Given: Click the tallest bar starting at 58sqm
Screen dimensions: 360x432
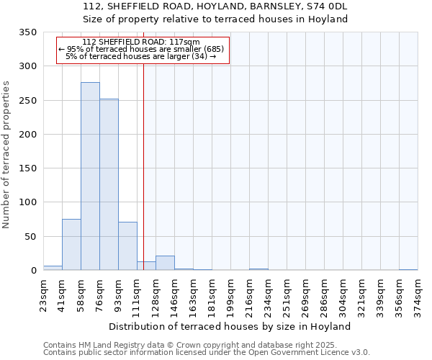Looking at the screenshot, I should [x=90, y=176].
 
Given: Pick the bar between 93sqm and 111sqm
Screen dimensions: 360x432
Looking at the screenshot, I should [x=127, y=246].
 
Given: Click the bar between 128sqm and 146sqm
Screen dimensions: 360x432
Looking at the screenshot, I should [x=165, y=263].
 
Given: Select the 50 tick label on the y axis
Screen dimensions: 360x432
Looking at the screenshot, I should [x=30, y=237].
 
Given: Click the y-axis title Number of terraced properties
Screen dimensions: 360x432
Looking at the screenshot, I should [x=6, y=155].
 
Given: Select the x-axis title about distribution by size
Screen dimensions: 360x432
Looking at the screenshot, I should [x=230, y=326].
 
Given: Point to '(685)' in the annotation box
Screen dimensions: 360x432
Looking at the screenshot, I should [x=214, y=49].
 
